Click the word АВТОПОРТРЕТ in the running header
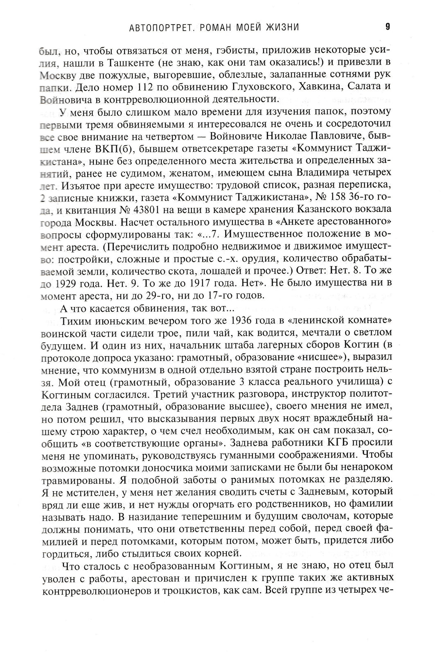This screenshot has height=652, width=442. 157,28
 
